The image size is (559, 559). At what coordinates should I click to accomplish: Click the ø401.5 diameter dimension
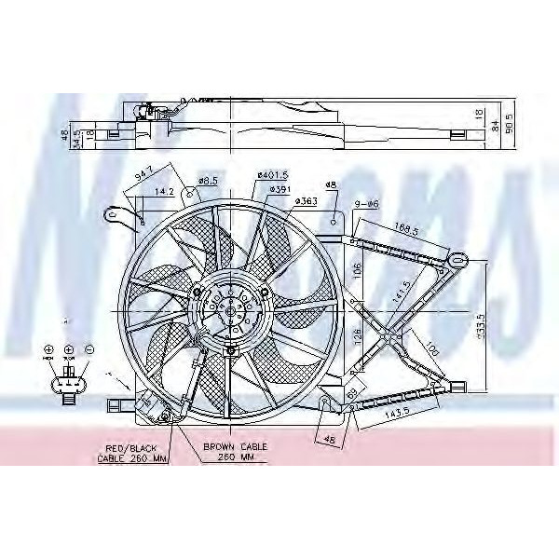pyautogui.click(x=272, y=175)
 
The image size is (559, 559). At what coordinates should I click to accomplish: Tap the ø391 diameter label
pyautogui.click(x=281, y=189)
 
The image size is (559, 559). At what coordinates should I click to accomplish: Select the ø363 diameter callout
pyautogui.click(x=307, y=200)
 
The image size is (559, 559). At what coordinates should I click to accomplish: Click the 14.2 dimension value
pyautogui.click(x=164, y=192)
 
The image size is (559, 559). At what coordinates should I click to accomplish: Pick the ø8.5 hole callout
pyautogui.click(x=208, y=181)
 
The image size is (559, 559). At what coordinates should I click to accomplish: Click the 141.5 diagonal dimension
pyautogui.click(x=400, y=290)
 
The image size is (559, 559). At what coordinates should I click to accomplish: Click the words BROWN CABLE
pyautogui.click(x=236, y=447)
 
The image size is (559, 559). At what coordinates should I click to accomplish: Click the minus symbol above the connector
pyautogui.click(x=89, y=349)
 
